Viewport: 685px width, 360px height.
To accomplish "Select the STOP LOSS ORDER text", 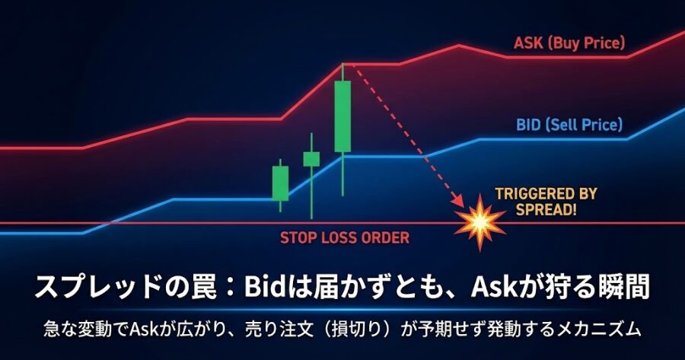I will [345, 237].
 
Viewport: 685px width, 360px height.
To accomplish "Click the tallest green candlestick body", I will [342, 116].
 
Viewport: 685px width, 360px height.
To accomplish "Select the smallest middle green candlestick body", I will [311, 158].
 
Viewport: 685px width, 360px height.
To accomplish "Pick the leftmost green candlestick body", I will [280, 183].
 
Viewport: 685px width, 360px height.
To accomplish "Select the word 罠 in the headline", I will [204, 288].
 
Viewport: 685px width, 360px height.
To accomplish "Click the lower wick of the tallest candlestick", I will [342, 175].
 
